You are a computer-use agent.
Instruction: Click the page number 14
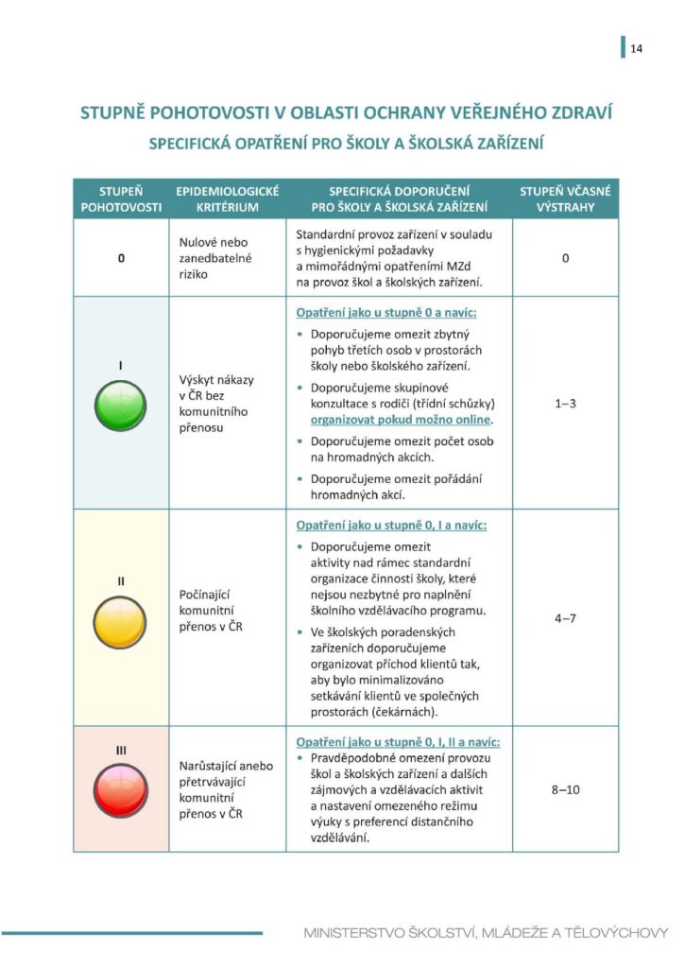636,49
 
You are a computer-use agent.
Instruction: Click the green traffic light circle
121,407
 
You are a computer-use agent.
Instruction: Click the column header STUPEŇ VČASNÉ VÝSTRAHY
565,199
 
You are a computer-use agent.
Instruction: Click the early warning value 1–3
565,404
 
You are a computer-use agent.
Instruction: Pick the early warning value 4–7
565,618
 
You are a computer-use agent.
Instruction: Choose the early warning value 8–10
565,788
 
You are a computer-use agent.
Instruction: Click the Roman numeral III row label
121,750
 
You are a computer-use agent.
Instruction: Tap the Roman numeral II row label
121,580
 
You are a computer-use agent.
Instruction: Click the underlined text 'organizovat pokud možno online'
402,419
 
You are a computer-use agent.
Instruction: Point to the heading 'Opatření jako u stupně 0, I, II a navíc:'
398,742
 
